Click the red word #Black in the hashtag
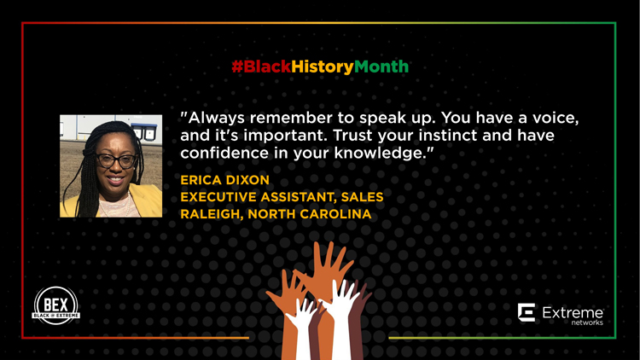coord(261,67)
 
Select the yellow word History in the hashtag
coord(323,67)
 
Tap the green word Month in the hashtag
coord(381,67)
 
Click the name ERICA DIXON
coord(225,180)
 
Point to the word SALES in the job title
coord(362,197)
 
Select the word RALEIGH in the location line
coord(212,214)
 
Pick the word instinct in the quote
coord(448,135)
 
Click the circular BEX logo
coord(56,305)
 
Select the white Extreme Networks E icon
coord(527,312)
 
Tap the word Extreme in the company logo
coord(573,313)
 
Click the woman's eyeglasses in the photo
coord(116,161)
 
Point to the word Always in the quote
coord(216,119)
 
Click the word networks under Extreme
coord(587,322)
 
